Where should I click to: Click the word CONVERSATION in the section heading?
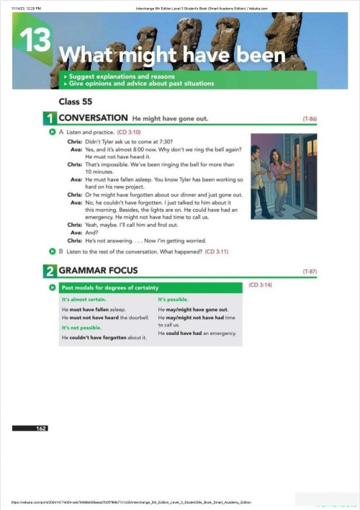tap(92, 117)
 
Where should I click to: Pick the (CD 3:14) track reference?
tap(259, 286)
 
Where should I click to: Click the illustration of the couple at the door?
tap(283, 176)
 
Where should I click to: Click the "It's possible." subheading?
tap(174, 299)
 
